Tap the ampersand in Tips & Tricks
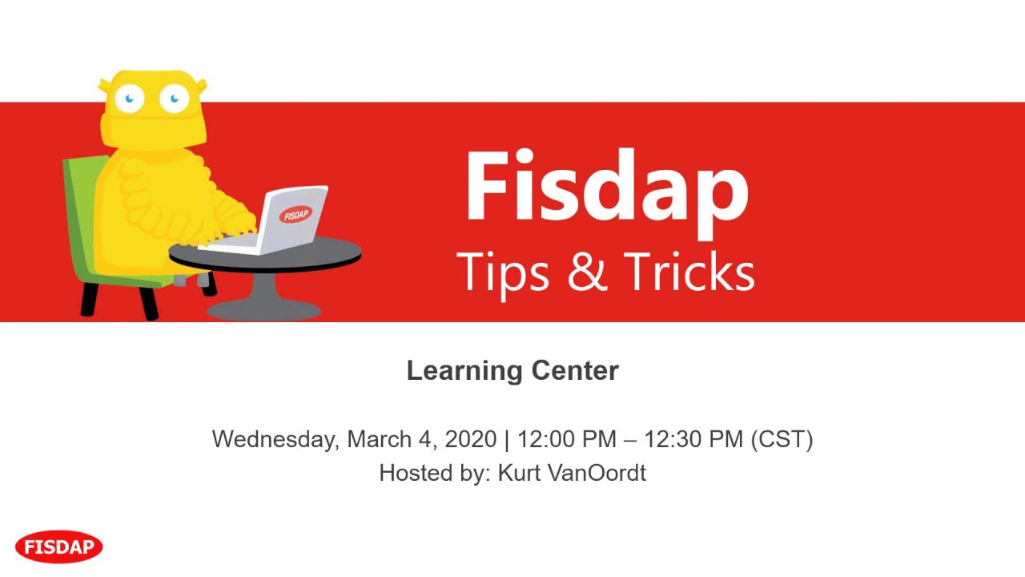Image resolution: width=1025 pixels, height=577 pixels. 586,272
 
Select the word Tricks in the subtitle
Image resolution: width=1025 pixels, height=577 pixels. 689,272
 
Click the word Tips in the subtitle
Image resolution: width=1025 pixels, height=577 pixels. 503,272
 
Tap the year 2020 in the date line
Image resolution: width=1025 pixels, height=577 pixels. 471,439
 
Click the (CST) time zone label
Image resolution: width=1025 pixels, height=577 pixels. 782,439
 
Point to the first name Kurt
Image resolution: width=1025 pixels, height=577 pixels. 517,473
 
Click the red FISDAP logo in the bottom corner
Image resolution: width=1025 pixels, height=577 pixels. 59,547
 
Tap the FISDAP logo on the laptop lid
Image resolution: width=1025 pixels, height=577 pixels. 296,215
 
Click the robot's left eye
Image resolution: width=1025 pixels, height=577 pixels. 129,99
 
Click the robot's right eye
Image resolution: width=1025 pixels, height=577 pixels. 174,99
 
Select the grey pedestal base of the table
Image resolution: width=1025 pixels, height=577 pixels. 263,308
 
